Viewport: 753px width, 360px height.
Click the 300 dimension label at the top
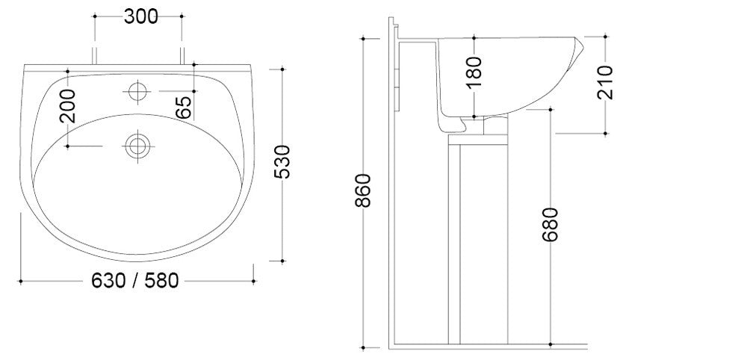pyautogui.click(x=140, y=16)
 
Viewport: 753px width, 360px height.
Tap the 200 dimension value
pyautogui.click(x=69, y=105)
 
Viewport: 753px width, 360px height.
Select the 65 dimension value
pyautogui.click(x=184, y=108)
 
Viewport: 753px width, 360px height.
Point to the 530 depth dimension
pyautogui.click(x=282, y=161)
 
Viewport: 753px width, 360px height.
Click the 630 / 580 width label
pyautogui.click(x=135, y=281)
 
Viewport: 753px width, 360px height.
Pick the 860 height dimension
pyautogui.click(x=363, y=190)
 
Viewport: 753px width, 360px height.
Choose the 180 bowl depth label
pyautogui.click(x=474, y=72)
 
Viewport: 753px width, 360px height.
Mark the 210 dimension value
pyautogui.click(x=605, y=82)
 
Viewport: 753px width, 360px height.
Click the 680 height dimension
pyautogui.click(x=551, y=224)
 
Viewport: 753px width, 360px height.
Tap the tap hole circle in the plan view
pyautogui.click(x=137, y=90)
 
